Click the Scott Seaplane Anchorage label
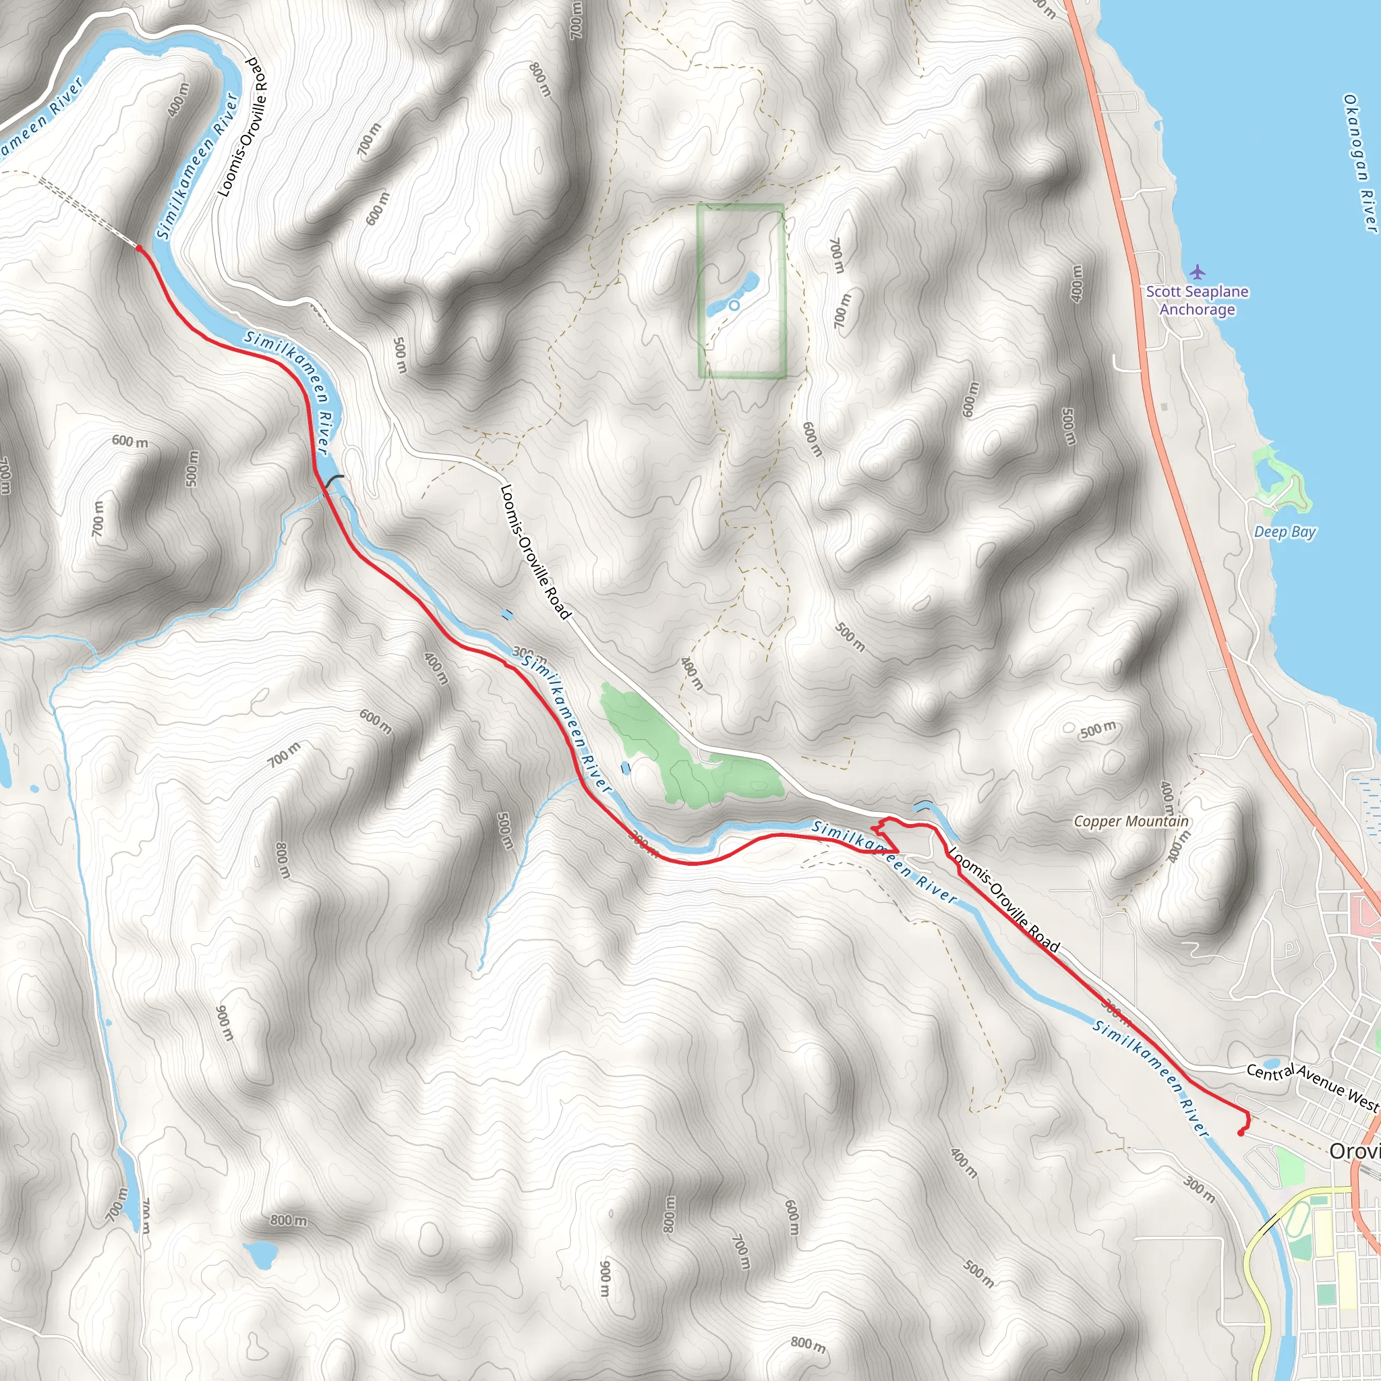point(1198,300)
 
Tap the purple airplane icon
point(1198,272)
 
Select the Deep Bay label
point(1285,532)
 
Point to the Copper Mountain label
point(1131,822)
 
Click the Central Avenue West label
point(1312,1087)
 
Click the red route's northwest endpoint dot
point(139,248)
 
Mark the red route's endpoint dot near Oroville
point(1241,1133)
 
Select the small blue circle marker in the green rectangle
point(734,305)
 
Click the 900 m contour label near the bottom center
point(606,1277)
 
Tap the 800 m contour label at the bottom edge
point(808,1345)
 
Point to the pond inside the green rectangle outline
point(743,289)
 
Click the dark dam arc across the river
point(333,483)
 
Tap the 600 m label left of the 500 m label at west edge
point(129,441)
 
